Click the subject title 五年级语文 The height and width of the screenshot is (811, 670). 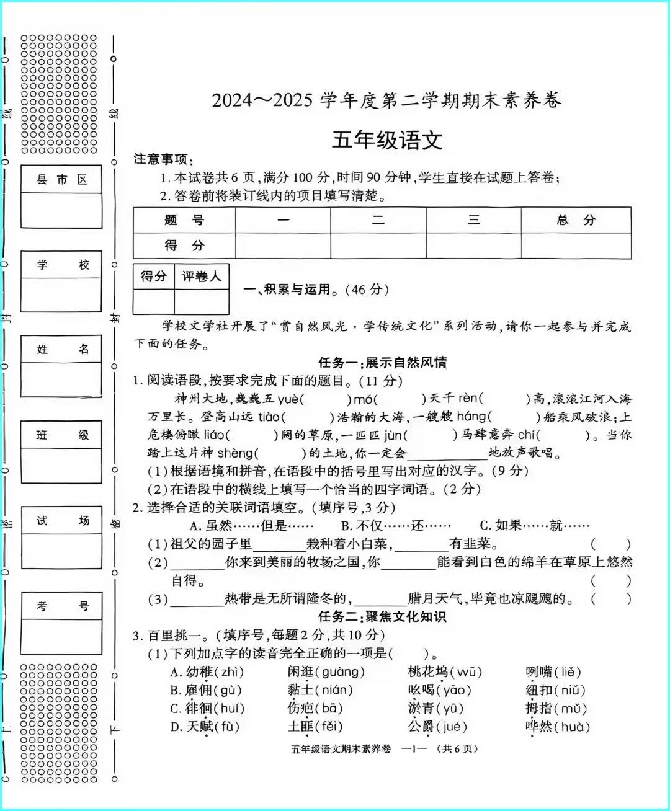click(x=387, y=140)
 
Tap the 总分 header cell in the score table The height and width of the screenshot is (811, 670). click(x=576, y=220)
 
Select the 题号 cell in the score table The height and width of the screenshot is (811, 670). click(x=184, y=220)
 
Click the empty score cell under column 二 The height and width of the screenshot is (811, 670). click(x=378, y=246)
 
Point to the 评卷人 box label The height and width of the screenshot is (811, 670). click(x=201, y=277)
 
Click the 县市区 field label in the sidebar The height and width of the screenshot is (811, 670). click(x=61, y=180)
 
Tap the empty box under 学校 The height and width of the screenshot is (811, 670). click(x=61, y=295)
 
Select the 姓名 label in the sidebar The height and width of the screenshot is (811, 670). click(x=61, y=350)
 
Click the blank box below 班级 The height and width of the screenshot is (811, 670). click(x=61, y=465)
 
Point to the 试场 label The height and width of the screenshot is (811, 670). click(x=61, y=521)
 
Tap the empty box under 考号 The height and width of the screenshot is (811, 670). click(x=61, y=636)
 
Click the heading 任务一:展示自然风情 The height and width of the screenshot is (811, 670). click(x=382, y=363)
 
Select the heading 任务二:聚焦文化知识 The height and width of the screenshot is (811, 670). click(x=382, y=616)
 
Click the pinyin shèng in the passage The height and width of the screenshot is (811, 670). click(x=235, y=453)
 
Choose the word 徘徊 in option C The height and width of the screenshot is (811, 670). click(x=199, y=709)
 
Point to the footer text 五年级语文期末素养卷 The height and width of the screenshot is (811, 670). click(x=341, y=749)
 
